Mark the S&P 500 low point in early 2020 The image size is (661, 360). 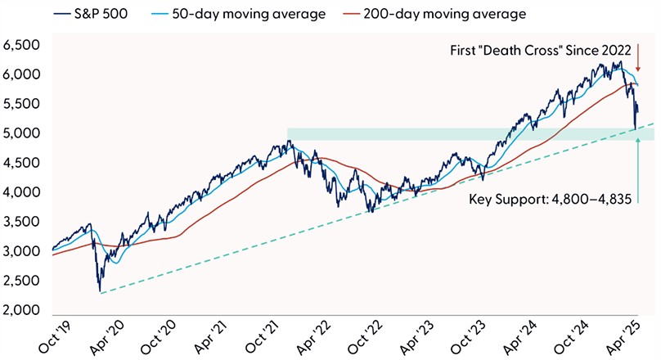point(100,291)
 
